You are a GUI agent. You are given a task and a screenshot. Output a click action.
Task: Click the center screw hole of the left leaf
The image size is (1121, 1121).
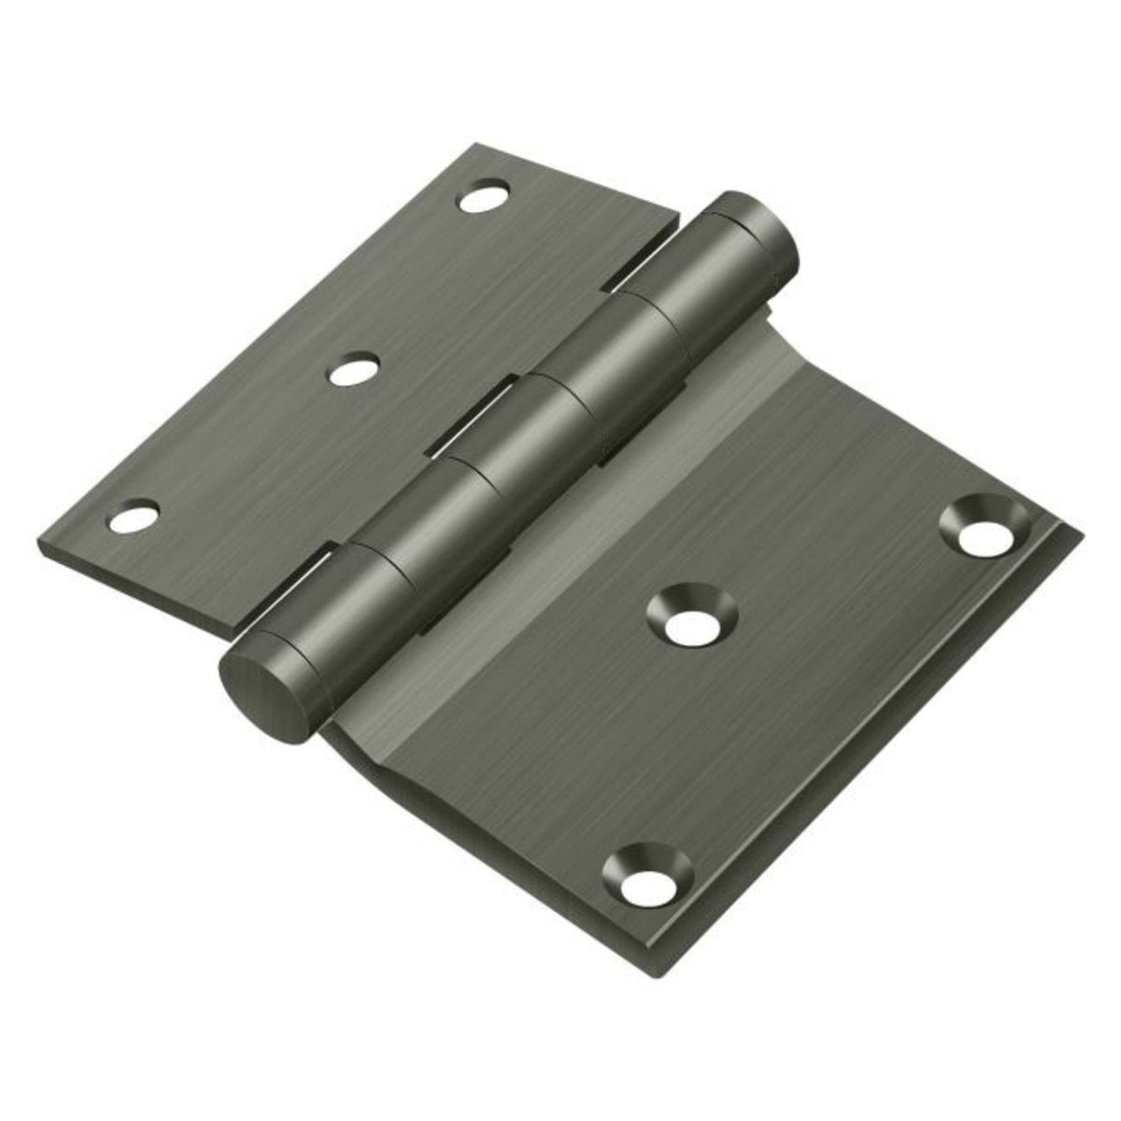353,371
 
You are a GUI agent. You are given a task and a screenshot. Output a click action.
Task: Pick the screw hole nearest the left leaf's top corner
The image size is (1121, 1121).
483,197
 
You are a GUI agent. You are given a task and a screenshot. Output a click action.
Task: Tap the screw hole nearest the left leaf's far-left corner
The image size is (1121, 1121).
133,517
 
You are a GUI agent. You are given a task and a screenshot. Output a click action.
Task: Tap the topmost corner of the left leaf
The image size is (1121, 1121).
475,145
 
